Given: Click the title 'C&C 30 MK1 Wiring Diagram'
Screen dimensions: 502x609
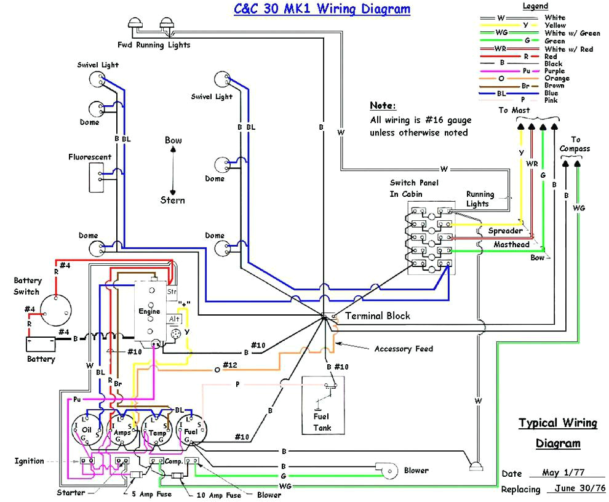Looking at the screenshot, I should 322,9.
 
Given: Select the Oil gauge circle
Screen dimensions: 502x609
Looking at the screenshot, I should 87,427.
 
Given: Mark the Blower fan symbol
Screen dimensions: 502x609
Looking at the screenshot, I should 389,471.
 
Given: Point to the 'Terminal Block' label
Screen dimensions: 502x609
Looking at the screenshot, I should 377,316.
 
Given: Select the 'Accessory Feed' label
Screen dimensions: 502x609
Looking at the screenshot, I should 404,349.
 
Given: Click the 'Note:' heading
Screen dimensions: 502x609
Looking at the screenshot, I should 383,105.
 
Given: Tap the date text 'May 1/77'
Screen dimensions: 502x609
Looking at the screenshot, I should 562,473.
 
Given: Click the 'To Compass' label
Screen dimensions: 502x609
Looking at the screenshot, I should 575,144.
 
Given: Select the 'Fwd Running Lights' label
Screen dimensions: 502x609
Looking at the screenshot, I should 154,44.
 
